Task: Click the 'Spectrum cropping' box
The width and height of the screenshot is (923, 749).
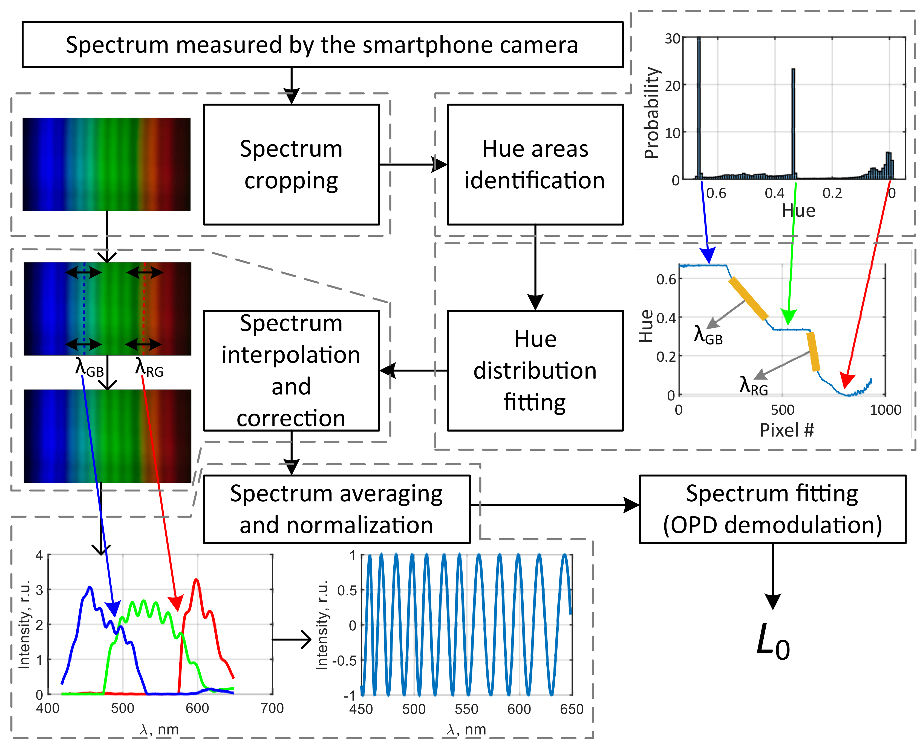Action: [x=291, y=164]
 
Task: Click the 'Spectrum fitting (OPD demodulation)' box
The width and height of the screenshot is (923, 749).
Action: [x=772, y=509]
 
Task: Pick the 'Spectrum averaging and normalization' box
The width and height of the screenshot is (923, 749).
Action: [x=336, y=509]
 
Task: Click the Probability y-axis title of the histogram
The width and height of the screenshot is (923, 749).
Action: [x=651, y=113]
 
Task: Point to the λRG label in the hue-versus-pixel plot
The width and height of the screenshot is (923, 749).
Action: [x=753, y=385]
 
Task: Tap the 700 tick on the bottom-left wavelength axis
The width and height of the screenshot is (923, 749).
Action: [x=272, y=708]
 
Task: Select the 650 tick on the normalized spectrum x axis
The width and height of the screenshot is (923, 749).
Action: [x=572, y=709]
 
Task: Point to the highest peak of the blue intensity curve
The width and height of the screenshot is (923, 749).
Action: [x=90, y=588]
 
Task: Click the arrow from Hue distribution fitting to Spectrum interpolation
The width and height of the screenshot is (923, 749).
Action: [x=413, y=370]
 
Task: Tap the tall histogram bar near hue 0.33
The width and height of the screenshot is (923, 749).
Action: [x=793, y=123]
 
